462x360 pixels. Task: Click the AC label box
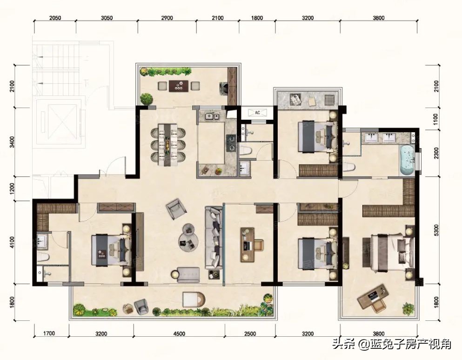(x=257, y=113)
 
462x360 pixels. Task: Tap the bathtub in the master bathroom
(x=407, y=160)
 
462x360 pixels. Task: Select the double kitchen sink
(x=212, y=116)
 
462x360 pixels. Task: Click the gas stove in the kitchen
(x=231, y=143)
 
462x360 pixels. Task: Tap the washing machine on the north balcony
(x=225, y=87)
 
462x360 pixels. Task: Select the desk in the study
(x=248, y=245)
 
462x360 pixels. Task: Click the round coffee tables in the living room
(x=188, y=238)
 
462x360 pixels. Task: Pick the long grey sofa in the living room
(x=214, y=238)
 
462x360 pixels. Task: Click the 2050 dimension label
(x=55, y=18)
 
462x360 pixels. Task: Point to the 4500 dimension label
(x=179, y=334)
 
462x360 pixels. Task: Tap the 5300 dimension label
(x=437, y=230)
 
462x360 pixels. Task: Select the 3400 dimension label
(x=12, y=142)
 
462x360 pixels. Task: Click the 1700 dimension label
(x=49, y=333)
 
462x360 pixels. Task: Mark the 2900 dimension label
(x=167, y=18)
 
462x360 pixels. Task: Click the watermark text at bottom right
(x=392, y=344)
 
